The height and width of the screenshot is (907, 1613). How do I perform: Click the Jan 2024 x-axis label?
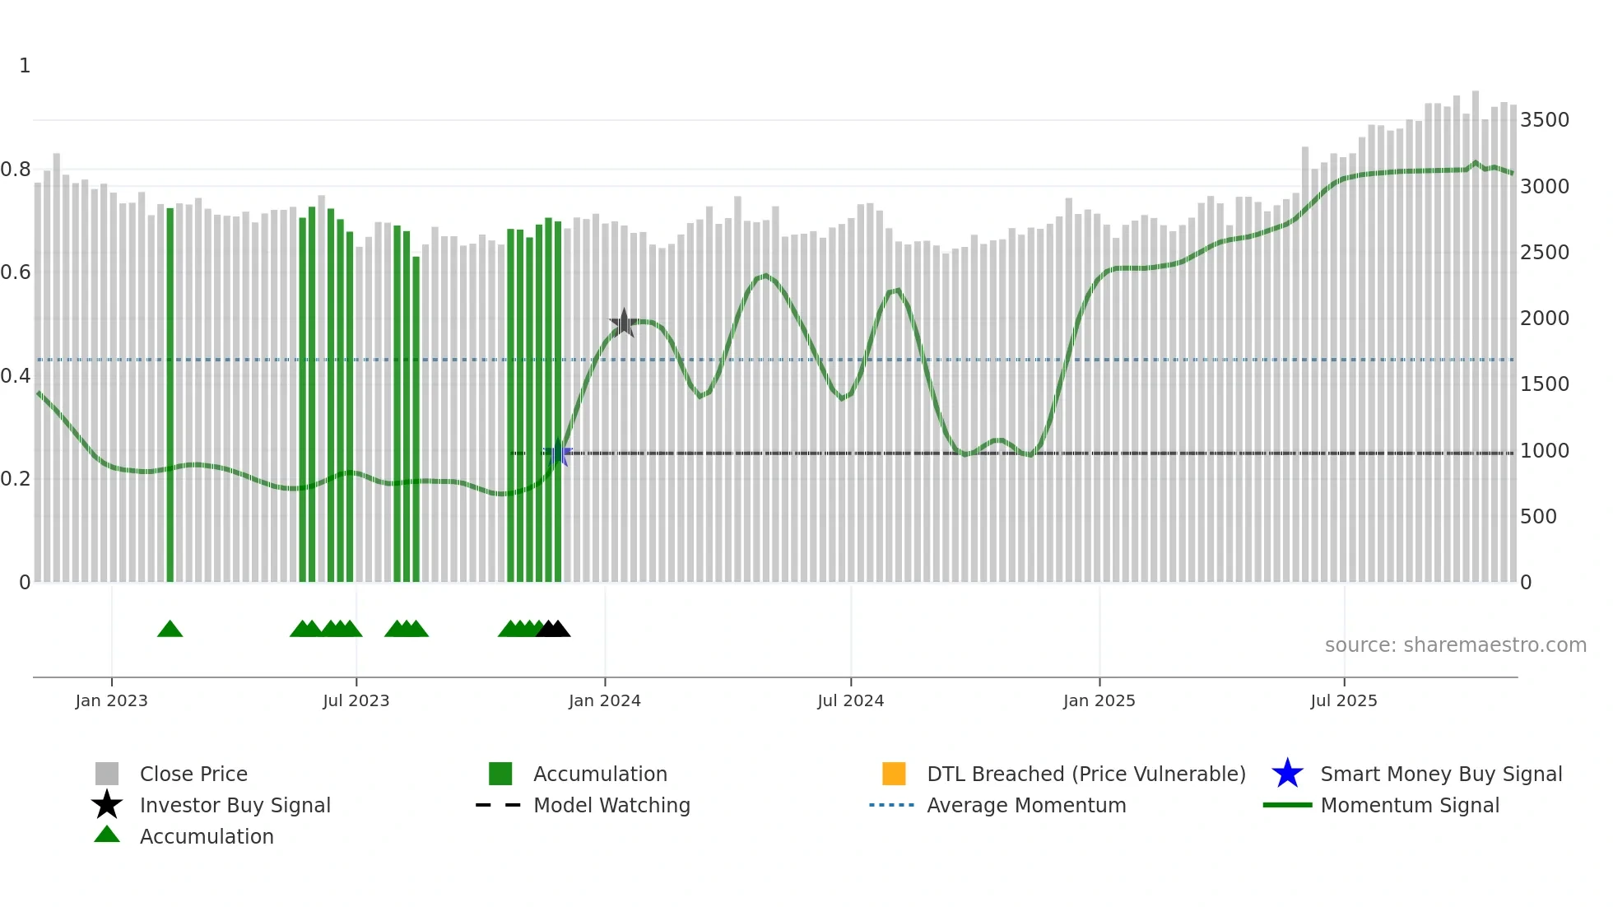(x=604, y=700)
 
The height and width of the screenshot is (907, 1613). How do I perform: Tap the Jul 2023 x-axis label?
(x=356, y=700)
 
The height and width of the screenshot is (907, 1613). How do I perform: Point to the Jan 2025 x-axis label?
(x=1099, y=700)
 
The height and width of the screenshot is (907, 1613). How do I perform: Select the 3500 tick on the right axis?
(x=1544, y=120)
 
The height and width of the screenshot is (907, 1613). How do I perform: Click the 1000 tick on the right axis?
(x=1544, y=451)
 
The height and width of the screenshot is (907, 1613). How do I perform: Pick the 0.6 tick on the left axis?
(x=16, y=272)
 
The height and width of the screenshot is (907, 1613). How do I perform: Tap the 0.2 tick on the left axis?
(x=16, y=479)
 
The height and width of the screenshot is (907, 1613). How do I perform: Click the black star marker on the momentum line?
(x=624, y=323)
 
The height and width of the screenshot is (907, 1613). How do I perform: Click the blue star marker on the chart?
(x=558, y=453)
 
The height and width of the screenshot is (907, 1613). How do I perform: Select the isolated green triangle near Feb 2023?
(x=170, y=630)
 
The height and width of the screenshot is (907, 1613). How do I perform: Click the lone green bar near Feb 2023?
(x=170, y=395)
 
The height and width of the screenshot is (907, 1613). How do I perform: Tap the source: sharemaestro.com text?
(x=1455, y=645)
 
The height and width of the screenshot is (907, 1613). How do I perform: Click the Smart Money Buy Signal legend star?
(x=1287, y=774)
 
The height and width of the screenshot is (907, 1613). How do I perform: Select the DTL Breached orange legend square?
(x=894, y=774)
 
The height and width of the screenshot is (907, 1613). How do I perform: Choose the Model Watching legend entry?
(x=611, y=805)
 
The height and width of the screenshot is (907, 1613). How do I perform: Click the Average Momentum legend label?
(x=1026, y=805)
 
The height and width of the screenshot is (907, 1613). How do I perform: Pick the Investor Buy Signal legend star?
(x=107, y=805)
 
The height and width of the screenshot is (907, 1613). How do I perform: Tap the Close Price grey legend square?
(x=107, y=774)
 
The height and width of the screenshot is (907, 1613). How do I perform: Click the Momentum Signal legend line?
(x=1287, y=805)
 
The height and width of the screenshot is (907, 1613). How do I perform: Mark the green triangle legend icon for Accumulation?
(x=107, y=835)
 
